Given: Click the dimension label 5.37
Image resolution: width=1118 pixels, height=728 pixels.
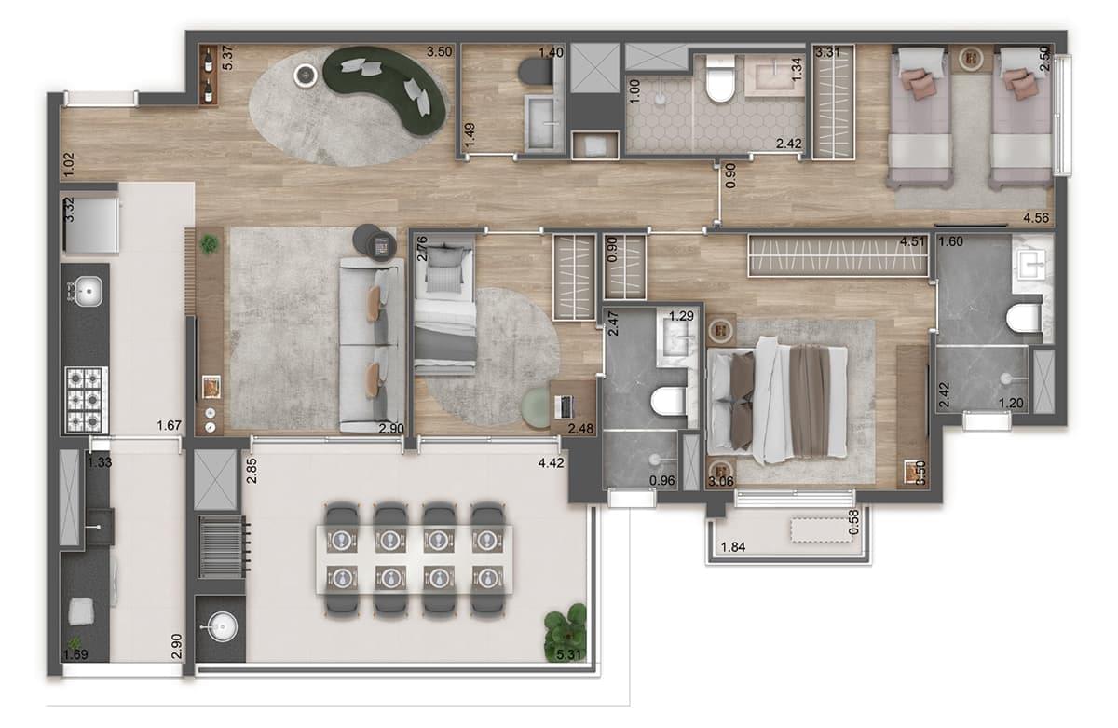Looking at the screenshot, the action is (x=227, y=58).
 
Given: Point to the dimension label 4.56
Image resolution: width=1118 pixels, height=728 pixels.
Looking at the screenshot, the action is (x=1036, y=218).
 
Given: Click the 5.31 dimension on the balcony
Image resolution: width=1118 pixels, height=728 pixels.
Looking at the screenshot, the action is (x=569, y=654).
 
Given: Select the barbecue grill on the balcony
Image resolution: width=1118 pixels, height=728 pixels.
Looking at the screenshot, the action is (x=223, y=547).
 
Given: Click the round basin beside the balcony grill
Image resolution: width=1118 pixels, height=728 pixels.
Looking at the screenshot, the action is (x=222, y=626).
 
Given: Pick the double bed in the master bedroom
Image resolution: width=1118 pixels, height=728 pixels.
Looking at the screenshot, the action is (x=778, y=400).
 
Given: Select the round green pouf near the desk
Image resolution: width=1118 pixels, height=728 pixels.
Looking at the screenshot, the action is (x=537, y=407).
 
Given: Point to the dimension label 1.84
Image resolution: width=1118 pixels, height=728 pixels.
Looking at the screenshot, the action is (x=732, y=547).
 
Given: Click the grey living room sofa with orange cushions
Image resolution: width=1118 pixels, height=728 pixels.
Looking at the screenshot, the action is (x=372, y=345).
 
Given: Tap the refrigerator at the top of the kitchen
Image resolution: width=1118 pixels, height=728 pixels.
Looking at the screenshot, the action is (x=90, y=224).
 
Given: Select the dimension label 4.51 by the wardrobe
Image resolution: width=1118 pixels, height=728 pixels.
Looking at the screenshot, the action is (x=912, y=241).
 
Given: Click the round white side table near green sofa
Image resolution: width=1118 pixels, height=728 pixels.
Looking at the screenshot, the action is (x=306, y=76).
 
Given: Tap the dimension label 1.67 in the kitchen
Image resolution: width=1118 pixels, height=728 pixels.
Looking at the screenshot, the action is (x=170, y=425).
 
